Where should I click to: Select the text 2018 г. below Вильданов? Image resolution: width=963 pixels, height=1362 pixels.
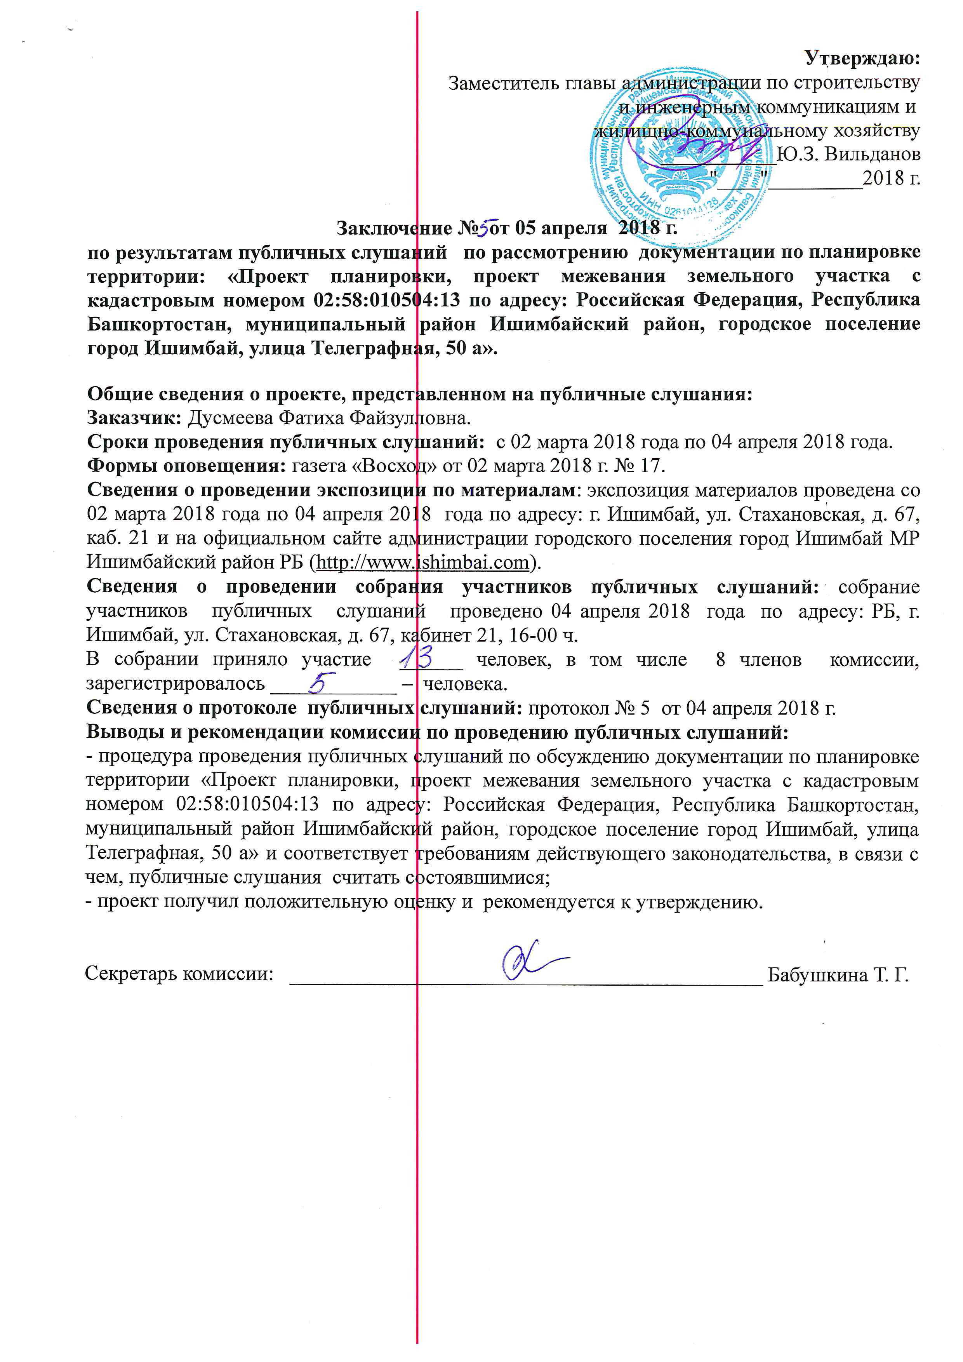coord(891,178)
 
